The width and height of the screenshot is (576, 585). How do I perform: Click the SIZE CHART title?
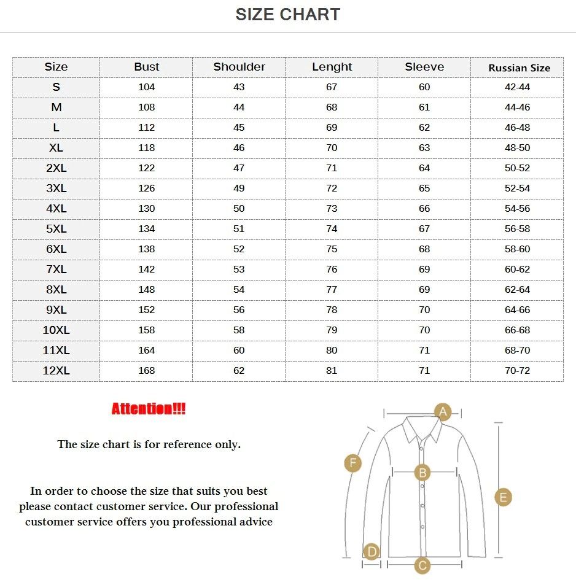click(287, 15)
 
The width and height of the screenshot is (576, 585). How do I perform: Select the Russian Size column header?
click(519, 68)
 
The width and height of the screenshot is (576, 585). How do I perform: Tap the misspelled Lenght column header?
click(332, 67)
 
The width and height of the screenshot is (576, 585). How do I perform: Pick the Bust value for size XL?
click(146, 148)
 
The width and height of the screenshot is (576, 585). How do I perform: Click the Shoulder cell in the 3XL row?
click(239, 188)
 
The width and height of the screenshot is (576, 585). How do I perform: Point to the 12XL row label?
click(56, 371)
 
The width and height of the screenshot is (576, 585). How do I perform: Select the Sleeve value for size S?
click(424, 87)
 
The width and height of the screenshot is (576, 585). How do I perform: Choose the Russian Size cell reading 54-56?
click(517, 209)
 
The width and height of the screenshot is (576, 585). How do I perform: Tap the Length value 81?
click(332, 371)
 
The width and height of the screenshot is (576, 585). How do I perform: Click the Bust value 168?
click(146, 371)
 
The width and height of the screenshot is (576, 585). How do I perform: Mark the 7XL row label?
click(56, 269)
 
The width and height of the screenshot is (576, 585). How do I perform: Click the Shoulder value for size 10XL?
click(239, 330)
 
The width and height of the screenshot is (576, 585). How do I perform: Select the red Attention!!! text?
click(149, 409)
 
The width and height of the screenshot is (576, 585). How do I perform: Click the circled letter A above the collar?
click(443, 411)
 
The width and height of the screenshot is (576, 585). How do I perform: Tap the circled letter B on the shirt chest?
click(422, 473)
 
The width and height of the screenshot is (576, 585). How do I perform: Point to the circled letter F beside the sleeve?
click(352, 463)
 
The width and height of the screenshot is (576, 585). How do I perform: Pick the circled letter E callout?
click(502, 497)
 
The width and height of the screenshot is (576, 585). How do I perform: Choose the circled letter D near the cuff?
click(371, 551)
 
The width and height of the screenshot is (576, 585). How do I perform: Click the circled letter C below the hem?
click(422, 565)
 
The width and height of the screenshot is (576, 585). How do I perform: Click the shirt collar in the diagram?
click(421, 430)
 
